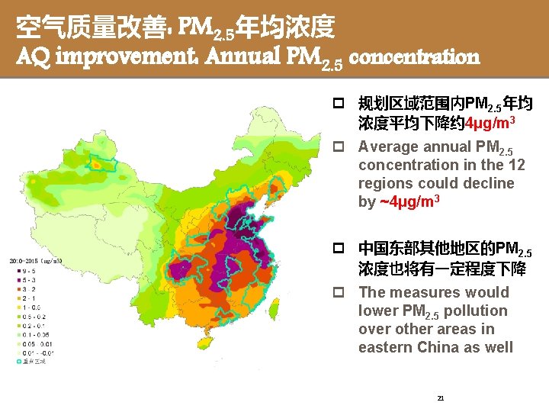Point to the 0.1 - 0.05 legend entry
[x=30, y=333]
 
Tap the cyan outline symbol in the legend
[x=18, y=362]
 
